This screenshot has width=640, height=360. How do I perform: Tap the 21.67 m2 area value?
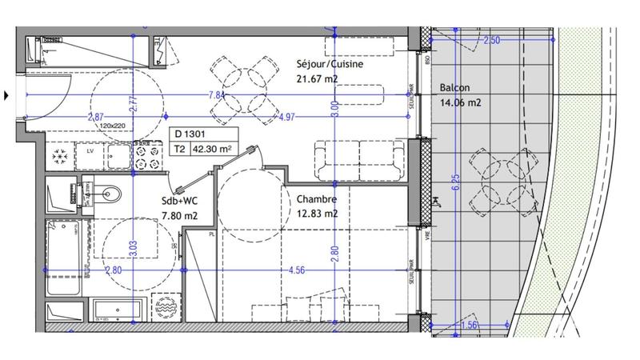coord(316,78)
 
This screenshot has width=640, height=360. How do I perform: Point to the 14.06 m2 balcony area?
coord(460,102)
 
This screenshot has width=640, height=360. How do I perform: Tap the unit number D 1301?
coord(190,134)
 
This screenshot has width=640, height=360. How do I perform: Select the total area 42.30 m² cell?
coord(215,148)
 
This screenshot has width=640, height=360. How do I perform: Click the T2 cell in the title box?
coord(180,148)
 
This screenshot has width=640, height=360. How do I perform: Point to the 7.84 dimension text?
coord(215,94)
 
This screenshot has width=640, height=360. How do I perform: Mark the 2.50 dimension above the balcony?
coord(492,40)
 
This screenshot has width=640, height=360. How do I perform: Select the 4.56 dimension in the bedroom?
coord(298,270)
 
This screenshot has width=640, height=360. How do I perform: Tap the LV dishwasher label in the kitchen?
coord(90,150)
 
